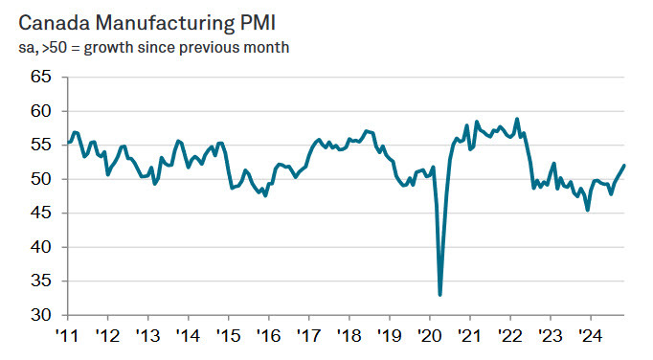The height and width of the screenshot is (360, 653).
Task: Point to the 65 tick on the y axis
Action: click(x=40, y=77)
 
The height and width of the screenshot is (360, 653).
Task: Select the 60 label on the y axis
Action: click(x=40, y=111)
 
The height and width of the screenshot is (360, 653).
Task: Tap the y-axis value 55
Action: click(x=40, y=145)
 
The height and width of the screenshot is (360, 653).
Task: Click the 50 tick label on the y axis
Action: click(x=40, y=179)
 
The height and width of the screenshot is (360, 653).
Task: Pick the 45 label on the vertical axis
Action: click(x=40, y=213)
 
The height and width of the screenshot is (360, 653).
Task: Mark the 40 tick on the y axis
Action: click(x=40, y=247)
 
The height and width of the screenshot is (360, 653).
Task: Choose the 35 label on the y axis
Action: click(x=40, y=281)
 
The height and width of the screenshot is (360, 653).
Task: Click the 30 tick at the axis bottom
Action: click(x=40, y=315)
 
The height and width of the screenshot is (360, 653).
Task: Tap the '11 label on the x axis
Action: click(x=66, y=335)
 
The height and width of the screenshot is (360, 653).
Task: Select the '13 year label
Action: click(x=146, y=335)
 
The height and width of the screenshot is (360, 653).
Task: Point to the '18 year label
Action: click(x=348, y=335)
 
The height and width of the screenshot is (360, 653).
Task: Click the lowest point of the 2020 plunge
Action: click(x=440, y=295)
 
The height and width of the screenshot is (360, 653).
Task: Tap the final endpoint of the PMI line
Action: click(x=625, y=166)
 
